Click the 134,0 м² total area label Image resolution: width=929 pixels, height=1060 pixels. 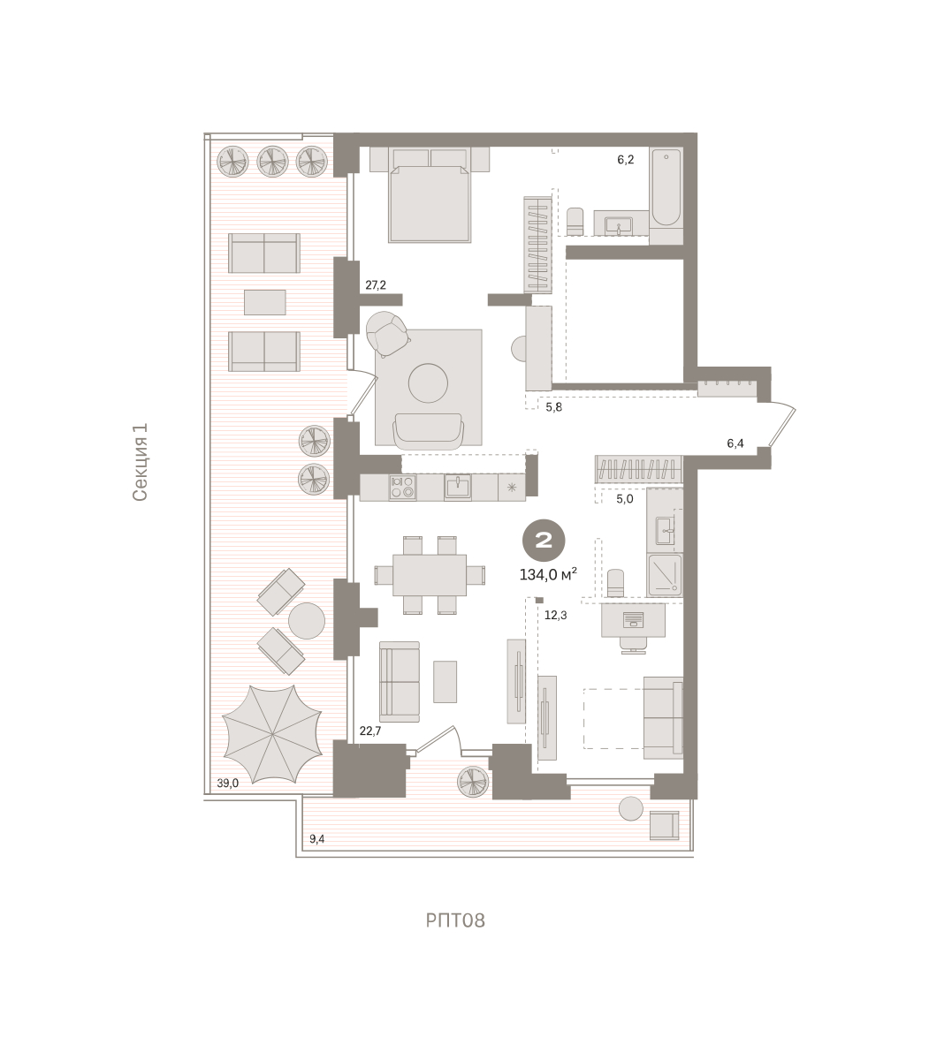tap(548, 574)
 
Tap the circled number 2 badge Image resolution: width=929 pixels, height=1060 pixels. tap(544, 541)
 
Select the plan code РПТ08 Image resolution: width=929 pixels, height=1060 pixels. tap(455, 920)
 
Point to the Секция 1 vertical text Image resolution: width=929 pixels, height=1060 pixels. tap(140, 462)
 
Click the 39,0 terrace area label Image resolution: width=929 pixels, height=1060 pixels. tap(227, 784)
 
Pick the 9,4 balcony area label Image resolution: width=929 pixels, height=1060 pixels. tap(316, 839)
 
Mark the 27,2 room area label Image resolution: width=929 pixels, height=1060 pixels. tap(376, 285)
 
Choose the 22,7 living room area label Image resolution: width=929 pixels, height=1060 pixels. tap(370, 731)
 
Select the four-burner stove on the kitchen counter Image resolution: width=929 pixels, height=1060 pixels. tap(402, 488)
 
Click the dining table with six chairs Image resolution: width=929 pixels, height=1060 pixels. tap(430, 575)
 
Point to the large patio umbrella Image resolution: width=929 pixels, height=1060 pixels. tap(271, 734)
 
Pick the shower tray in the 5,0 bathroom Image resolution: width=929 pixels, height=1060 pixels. tap(665, 574)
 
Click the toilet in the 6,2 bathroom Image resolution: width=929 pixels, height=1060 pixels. tap(575, 222)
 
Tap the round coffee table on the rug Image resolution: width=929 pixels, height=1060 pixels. tap(428, 382)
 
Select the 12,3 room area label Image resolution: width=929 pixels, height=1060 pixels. tap(556, 616)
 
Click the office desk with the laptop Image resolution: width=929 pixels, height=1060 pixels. tap(633, 620)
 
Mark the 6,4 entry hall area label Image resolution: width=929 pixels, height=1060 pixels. tap(735, 443)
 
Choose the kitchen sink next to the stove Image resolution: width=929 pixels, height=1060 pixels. tap(458, 488)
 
